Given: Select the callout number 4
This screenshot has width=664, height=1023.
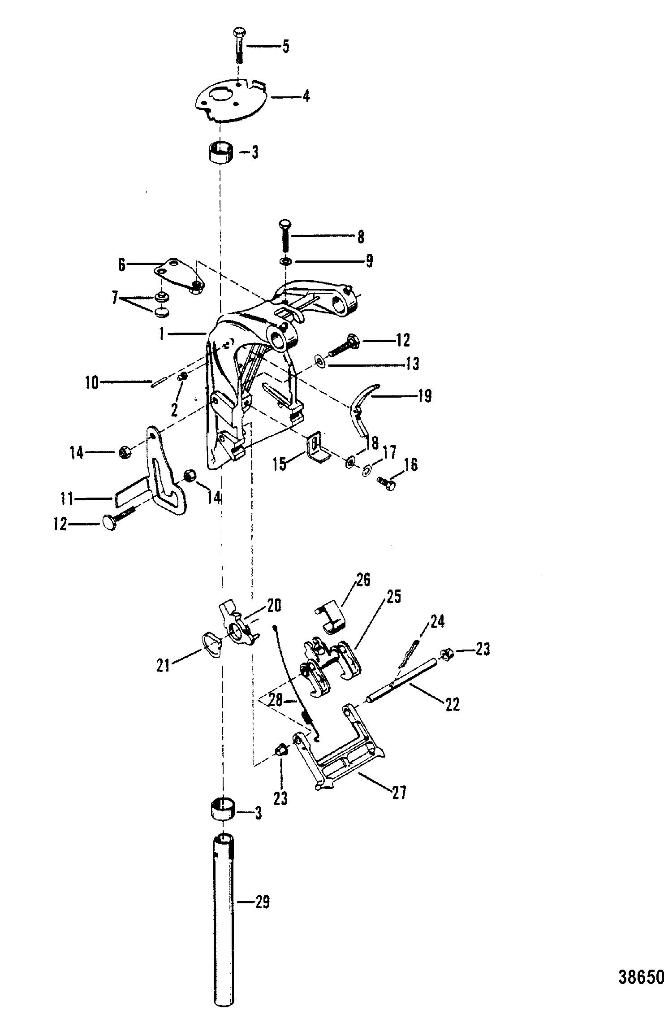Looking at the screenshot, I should (x=306, y=96).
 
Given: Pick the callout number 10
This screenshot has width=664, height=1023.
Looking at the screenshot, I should (x=92, y=383).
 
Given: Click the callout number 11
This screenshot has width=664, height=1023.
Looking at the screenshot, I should (x=69, y=497).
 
